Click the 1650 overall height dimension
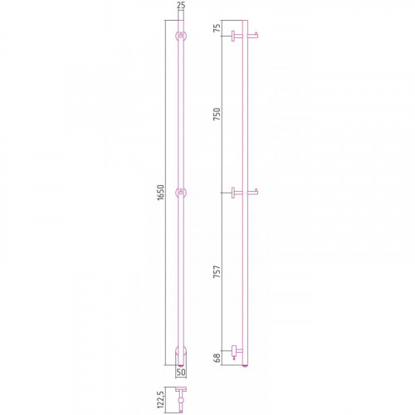click(160, 193)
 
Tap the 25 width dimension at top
click(181, 5)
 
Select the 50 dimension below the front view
click(181, 372)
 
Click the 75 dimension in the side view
click(217, 28)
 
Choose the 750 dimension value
click(217, 114)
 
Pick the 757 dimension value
click(217, 271)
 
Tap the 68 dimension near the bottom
click(217, 358)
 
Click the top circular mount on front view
click(181, 36)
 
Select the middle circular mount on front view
click(181, 193)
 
